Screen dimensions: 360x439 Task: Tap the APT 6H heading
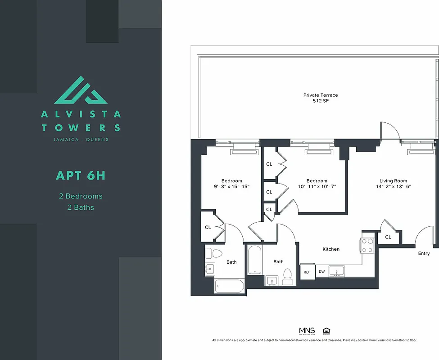pos(81,175)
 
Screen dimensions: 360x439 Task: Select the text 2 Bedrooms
pos(81,196)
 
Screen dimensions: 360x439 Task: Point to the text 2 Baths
pos(81,207)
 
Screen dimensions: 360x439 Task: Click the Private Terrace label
pos(320,95)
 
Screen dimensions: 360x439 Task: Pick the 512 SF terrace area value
pos(320,101)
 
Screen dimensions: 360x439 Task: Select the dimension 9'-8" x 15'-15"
pos(232,187)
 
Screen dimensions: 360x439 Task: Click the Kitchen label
pos(331,249)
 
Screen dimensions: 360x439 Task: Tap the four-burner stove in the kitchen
pos(367,245)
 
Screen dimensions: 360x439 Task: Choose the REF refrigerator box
pos(307,272)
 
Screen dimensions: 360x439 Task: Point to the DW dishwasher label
pos(321,272)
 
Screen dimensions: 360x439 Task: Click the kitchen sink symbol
pos(337,271)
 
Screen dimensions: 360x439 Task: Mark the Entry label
pos(424,253)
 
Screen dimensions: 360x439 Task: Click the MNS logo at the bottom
pos(307,331)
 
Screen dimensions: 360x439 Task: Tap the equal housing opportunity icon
pos(326,331)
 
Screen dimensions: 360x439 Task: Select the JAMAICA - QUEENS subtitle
pos(81,139)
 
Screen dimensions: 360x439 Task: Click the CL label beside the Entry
pos(388,237)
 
